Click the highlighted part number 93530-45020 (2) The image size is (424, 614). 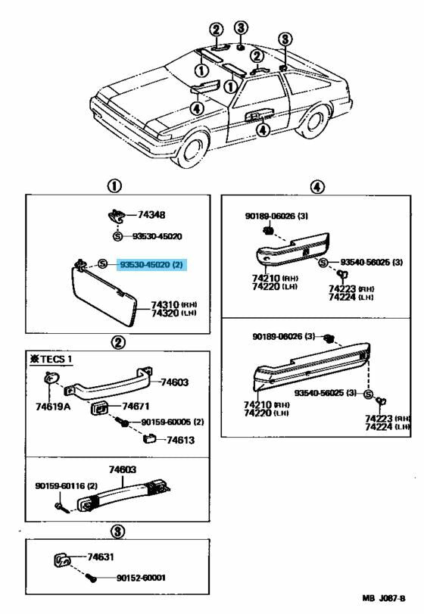pos(151,265)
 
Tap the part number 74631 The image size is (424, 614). pos(101,556)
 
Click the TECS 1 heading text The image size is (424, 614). pos(54,358)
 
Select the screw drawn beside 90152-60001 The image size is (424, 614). pos(92,578)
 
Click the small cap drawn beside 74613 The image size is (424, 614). pos(149,438)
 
